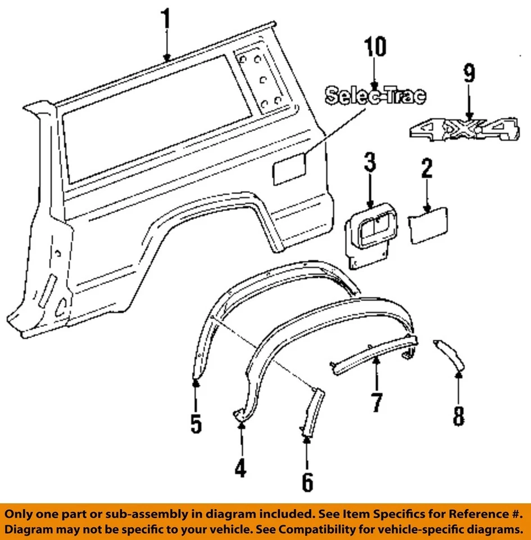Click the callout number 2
click(x=427, y=168)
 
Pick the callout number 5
click(x=196, y=423)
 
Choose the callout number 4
click(x=240, y=467)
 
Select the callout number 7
click(x=376, y=402)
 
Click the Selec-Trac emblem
click(x=375, y=96)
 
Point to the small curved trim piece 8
click(x=451, y=354)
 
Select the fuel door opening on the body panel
click(x=289, y=169)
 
